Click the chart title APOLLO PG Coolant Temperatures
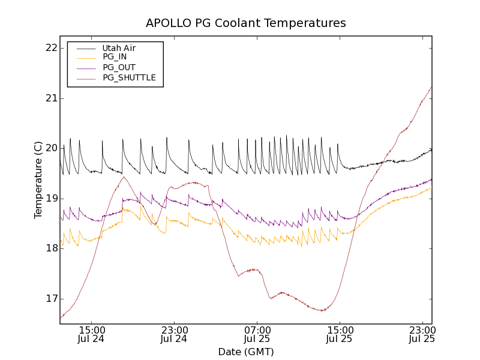click(246, 23)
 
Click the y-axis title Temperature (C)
click(38, 180)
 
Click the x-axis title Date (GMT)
click(246, 352)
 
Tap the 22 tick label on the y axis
click(51, 48)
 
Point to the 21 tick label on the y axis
click(51, 98)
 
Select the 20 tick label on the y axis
click(51, 148)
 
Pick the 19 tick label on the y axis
click(51, 199)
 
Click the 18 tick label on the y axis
click(51, 248)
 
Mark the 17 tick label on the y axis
click(51, 299)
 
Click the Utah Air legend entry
click(119, 48)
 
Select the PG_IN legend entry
click(115, 57)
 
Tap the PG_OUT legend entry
click(119, 67)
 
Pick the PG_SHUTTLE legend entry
click(129, 77)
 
